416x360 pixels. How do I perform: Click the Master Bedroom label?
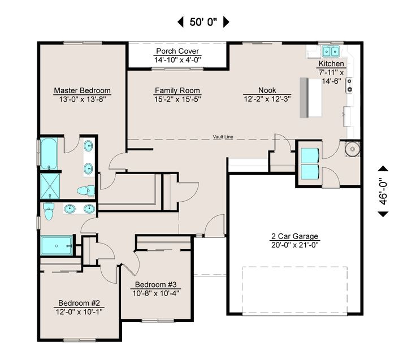tap(83, 90)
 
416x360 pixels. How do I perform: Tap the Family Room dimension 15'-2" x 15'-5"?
tap(177, 99)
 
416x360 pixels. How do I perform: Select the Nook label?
tap(267, 90)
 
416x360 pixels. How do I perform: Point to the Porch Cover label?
tap(177, 51)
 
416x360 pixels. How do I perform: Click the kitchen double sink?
tap(331, 51)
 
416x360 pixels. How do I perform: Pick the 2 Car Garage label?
tap(294, 236)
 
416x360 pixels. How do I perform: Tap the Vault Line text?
tap(223, 137)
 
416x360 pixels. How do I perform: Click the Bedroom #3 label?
tap(156, 285)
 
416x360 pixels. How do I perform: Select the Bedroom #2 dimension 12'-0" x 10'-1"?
tap(79, 312)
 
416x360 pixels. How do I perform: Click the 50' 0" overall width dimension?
tap(203, 22)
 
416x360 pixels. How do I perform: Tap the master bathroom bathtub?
tap(49, 154)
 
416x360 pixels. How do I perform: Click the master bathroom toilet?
tap(86, 190)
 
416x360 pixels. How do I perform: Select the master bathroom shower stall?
tap(50, 186)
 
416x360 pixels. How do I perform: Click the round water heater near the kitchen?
tap(353, 149)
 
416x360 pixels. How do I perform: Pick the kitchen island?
tap(311, 98)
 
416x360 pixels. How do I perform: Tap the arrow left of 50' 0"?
tap(180, 22)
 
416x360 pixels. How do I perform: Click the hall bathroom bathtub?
tap(57, 246)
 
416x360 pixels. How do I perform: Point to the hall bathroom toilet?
tap(49, 211)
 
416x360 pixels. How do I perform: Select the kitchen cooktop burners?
tap(349, 85)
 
